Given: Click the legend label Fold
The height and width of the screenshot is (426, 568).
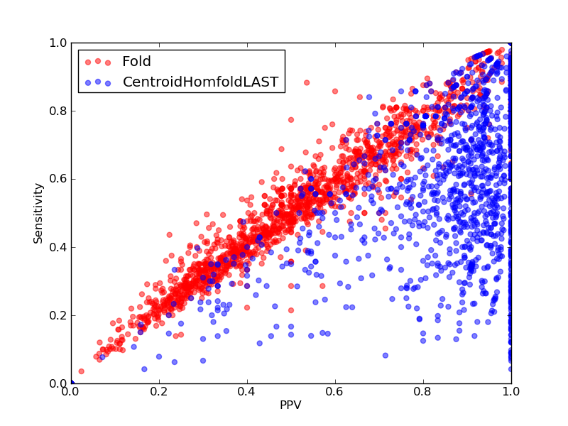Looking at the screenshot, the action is (136, 61).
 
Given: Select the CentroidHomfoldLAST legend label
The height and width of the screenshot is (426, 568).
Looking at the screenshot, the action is (200, 82).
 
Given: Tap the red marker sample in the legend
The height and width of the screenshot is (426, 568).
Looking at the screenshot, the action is (98, 62).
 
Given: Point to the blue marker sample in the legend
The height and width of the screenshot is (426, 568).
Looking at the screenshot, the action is (98, 82).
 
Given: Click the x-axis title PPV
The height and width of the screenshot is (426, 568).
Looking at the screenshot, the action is (290, 405).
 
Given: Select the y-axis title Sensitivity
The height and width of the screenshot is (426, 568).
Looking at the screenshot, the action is (38, 214).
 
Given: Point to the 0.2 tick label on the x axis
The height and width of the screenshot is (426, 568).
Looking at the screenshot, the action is (159, 392).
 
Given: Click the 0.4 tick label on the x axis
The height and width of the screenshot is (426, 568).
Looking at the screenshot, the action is (247, 392).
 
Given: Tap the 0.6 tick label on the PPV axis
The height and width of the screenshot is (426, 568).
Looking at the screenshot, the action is (335, 392).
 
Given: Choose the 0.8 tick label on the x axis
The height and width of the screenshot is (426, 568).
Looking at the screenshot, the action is (423, 392).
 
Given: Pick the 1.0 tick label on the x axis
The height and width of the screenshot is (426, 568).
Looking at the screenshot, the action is (511, 392).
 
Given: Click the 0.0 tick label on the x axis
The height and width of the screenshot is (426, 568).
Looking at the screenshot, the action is (71, 392).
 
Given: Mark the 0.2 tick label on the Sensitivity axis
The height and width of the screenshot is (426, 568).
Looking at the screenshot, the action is (58, 315).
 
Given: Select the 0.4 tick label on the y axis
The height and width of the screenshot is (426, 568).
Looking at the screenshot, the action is (58, 247).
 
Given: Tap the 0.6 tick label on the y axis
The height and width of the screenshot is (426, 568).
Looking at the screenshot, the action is (58, 180).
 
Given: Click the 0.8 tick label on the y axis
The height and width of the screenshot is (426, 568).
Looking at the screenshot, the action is (58, 111).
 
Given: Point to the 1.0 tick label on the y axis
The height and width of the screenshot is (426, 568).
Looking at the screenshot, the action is (58, 43).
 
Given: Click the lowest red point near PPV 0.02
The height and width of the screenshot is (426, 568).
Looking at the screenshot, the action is (81, 371).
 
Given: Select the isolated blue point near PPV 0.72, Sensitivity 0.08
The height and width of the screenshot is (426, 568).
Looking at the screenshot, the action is (386, 356).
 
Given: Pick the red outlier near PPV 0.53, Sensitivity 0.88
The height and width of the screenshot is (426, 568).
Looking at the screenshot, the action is (307, 82).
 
